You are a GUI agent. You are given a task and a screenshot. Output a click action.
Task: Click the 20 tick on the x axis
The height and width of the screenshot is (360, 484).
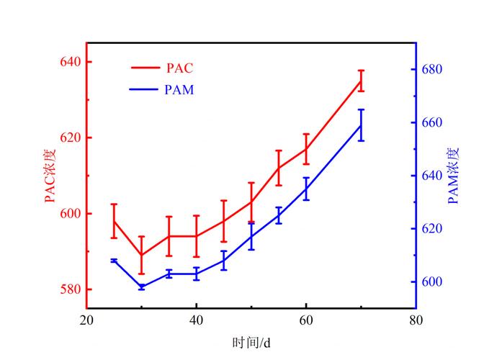coord(86,321)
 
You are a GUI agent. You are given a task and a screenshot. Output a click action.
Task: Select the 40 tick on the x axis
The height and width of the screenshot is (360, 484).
coord(196,321)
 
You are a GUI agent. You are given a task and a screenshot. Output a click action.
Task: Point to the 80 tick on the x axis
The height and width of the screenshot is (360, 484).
coord(415,321)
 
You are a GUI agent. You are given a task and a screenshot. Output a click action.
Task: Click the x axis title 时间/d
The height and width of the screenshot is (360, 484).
coord(251,342)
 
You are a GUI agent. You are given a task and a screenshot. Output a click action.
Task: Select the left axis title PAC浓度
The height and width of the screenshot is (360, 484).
coord(50,176)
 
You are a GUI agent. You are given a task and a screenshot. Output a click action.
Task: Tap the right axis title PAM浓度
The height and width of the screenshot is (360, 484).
coord(453,176)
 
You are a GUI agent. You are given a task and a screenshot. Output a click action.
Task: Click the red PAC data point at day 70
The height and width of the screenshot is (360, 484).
coord(361,81)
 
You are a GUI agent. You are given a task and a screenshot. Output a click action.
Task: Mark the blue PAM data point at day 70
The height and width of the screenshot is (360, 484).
coord(361,125)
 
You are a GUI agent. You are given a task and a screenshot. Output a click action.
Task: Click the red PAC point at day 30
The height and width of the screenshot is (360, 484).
coord(141,255)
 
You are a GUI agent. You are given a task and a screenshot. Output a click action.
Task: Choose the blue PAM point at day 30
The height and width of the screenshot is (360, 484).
coord(141,287)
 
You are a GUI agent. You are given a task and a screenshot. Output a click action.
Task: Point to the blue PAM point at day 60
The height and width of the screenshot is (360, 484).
coord(306,189)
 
